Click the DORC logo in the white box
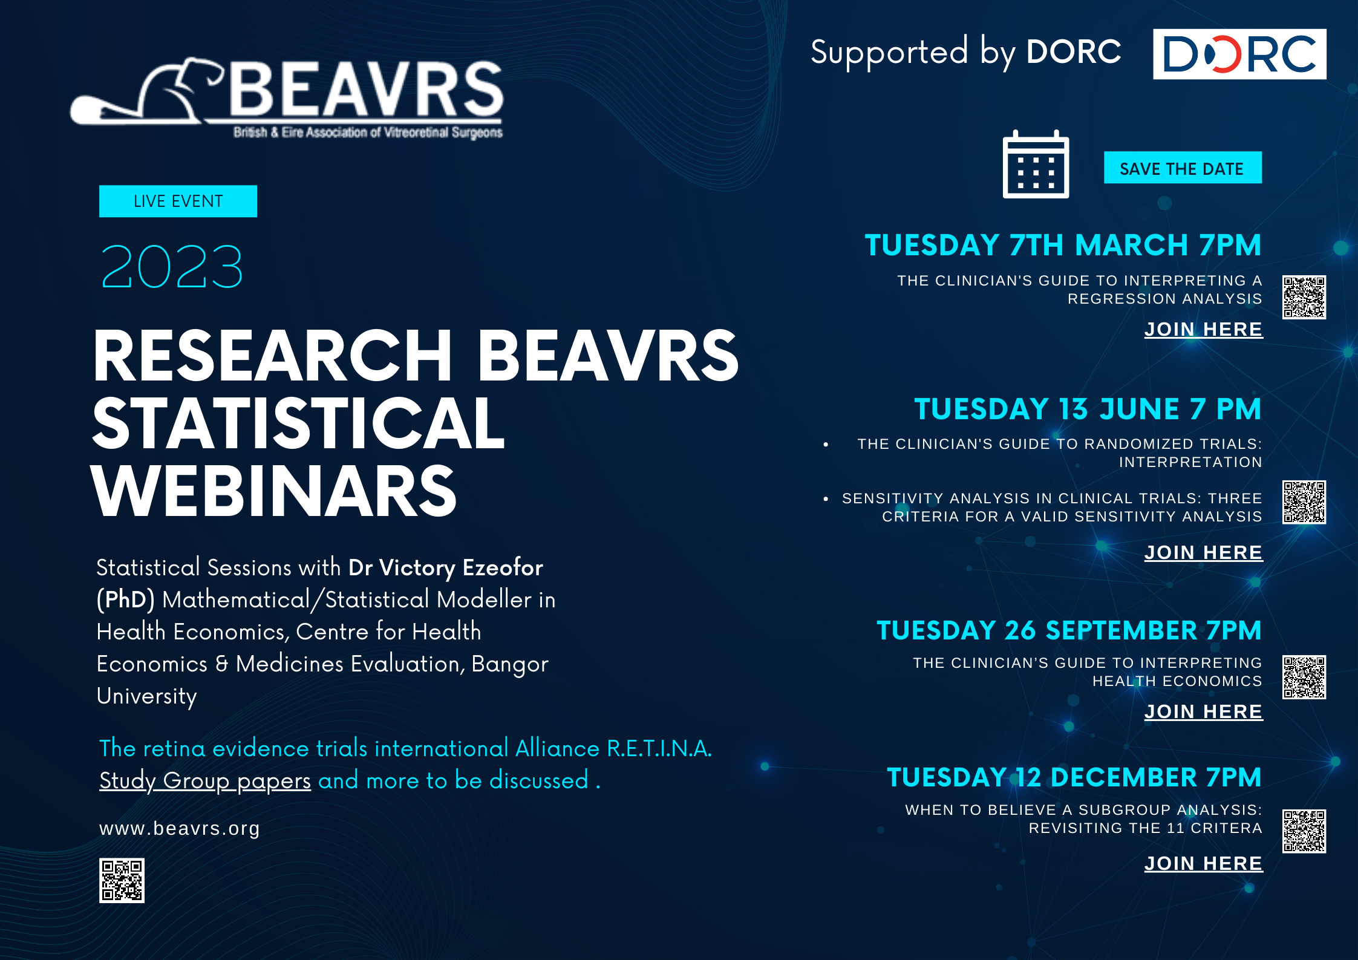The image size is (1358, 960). pos(1239,54)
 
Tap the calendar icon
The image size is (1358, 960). pos(1036,165)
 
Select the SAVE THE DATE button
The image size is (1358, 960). pos(1183,168)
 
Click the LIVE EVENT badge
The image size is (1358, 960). pos(178,201)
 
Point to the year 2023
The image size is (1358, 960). pos(172,267)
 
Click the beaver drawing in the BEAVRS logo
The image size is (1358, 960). pos(145,94)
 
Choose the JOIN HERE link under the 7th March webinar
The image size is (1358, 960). pos(1203,329)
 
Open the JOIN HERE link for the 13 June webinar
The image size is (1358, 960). pos(1203,552)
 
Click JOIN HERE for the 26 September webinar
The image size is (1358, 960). pos(1203,711)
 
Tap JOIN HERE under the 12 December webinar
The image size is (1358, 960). pos(1203,863)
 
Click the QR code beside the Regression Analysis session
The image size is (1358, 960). pos(1304,297)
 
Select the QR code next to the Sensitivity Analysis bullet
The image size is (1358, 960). pos(1304,502)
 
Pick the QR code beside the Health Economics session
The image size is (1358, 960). pos(1304,677)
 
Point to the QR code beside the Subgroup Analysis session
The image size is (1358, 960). pos(1304,831)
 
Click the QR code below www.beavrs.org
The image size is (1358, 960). pos(122,880)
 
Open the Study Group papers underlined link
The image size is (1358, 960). pos(205,780)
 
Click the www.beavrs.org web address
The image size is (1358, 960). pos(180,828)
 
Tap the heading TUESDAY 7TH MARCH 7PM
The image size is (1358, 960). pos(1063,245)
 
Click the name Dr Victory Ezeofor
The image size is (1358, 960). pos(446,567)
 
